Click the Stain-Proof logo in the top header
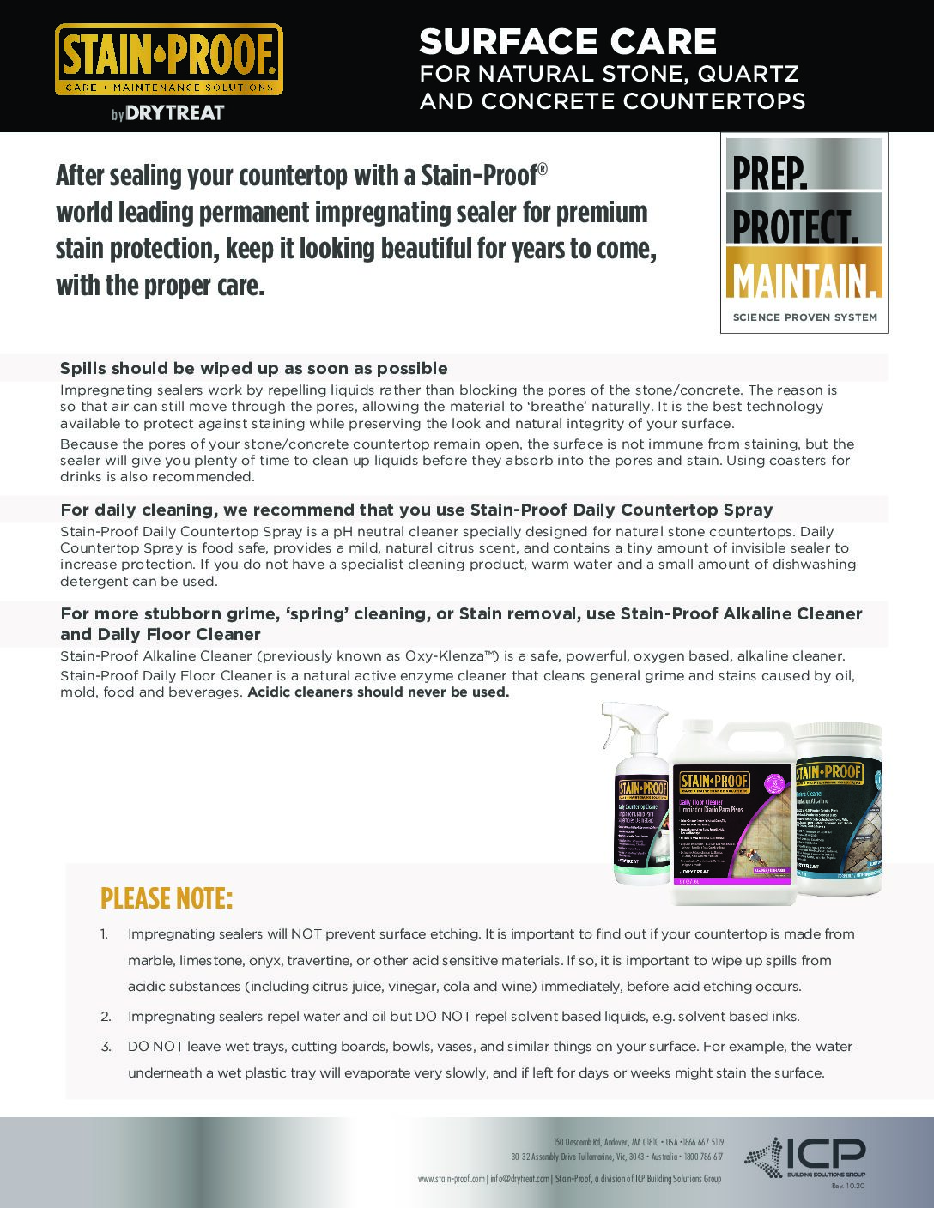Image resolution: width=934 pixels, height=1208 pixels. tap(169, 59)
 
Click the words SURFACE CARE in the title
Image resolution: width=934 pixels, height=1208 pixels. tap(567, 41)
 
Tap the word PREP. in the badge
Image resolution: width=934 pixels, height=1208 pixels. tap(769, 173)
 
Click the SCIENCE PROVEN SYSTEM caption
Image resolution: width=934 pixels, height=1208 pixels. tap(804, 317)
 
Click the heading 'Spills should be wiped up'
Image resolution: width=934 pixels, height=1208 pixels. tap(253, 369)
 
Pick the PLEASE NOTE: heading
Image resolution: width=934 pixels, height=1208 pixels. tap(167, 898)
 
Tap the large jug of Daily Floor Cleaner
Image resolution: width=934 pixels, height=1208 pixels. tap(726, 815)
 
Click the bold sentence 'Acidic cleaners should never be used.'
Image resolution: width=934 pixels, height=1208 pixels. tap(379, 692)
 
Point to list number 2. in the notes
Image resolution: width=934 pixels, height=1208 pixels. tap(106, 1017)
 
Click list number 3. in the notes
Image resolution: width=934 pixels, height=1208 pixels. tap(106, 1047)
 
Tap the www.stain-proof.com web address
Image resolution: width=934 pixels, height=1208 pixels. tap(452, 1179)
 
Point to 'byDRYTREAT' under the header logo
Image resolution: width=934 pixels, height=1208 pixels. tap(167, 113)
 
